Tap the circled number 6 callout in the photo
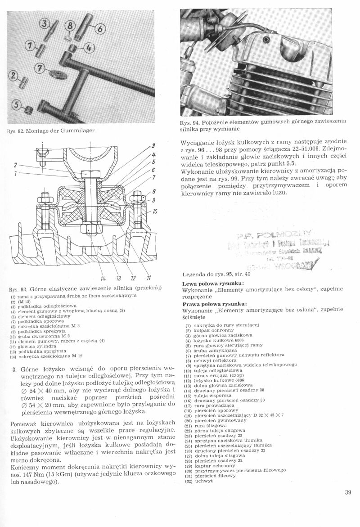tap(99, 30)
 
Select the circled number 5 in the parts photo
tap(17, 105)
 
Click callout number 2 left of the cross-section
tap(15, 165)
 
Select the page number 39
tap(347, 492)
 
